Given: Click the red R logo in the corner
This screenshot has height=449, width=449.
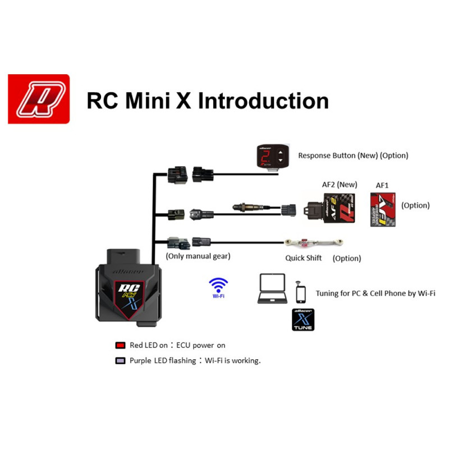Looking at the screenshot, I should point(39,99).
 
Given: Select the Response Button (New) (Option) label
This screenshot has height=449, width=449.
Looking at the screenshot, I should point(353,155).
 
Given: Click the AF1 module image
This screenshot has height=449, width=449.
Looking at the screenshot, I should point(383,209).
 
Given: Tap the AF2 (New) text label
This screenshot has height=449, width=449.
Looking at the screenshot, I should point(338,185).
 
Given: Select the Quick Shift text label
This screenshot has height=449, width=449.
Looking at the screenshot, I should point(304,258).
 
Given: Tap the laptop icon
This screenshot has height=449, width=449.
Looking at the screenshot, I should point(272,289).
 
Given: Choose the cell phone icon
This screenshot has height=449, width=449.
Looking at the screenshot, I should point(301,292).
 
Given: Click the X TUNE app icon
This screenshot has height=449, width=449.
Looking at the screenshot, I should point(303,319).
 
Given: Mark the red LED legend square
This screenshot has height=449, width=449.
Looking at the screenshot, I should point(120,345).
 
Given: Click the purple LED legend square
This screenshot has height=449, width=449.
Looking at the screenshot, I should point(120,361).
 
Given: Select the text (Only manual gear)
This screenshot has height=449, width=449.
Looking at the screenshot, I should point(198,256).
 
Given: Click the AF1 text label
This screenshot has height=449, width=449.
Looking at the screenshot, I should point(383,185).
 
